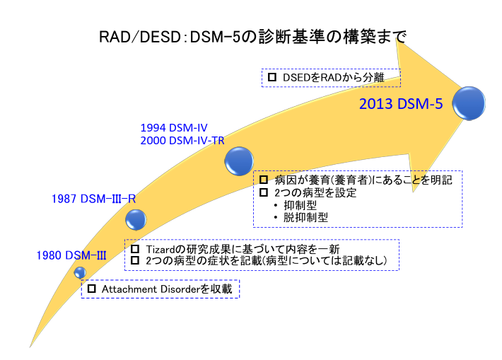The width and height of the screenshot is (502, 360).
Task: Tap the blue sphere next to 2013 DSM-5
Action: [x=469, y=103]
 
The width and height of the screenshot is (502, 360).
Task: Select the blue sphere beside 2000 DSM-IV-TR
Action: [x=238, y=161]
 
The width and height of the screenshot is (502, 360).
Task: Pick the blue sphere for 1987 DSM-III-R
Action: [x=136, y=219]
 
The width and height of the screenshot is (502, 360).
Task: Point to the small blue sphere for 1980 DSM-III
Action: [x=80, y=272]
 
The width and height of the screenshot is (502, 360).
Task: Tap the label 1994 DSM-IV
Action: [x=174, y=128]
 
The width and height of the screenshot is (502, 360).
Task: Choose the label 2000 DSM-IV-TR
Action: [x=182, y=141]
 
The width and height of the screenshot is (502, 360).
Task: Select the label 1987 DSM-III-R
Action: [x=94, y=199]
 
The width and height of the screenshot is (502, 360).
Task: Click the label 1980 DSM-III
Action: [x=72, y=255]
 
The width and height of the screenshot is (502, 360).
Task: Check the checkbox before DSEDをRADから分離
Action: [x=272, y=77]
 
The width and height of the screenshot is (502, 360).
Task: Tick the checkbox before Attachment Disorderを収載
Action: [x=91, y=289]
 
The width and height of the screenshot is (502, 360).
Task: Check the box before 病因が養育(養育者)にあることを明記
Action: [x=264, y=180]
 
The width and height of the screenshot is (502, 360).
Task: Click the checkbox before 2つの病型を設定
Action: [x=264, y=193]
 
